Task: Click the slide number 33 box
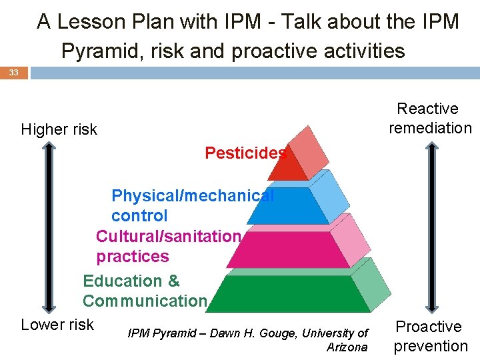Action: pyautogui.click(x=14, y=73)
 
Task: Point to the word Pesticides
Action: pyautogui.click(x=245, y=153)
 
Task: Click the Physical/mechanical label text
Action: pyautogui.click(x=192, y=196)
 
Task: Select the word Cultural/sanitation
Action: pyautogui.click(x=168, y=237)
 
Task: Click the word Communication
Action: pyautogui.click(x=145, y=301)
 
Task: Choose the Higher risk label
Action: pyautogui.click(x=59, y=129)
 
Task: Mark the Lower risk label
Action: pyautogui.click(x=57, y=325)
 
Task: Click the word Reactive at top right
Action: pyautogui.click(x=427, y=109)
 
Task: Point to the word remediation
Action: pyautogui.click(x=430, y=128)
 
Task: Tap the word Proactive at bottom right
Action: pyautogui.click(x=429, y=327)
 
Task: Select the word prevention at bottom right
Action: pyautogui.click(x=431, y=346)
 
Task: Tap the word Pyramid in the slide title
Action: pyautogui.click(x=101, y=51)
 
